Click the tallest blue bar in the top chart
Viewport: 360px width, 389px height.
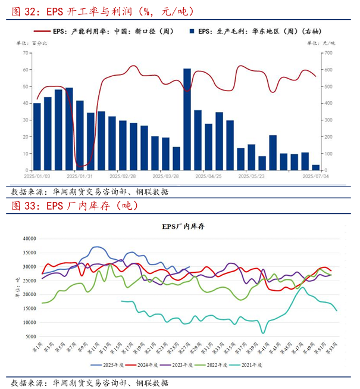187,119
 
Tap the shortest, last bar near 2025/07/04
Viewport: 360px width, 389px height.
315,167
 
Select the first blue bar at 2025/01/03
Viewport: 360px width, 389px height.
37,136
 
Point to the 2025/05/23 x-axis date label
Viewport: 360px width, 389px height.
250,176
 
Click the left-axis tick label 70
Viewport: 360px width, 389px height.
26,53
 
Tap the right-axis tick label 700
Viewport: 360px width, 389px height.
326,53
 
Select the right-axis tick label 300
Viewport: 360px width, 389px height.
326,120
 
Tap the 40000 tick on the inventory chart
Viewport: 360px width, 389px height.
29,238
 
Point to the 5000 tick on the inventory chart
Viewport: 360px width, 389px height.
31,337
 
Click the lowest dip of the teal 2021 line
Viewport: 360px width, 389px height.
262,332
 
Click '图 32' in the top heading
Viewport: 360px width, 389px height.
23,11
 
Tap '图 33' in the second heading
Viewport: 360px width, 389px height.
23,206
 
